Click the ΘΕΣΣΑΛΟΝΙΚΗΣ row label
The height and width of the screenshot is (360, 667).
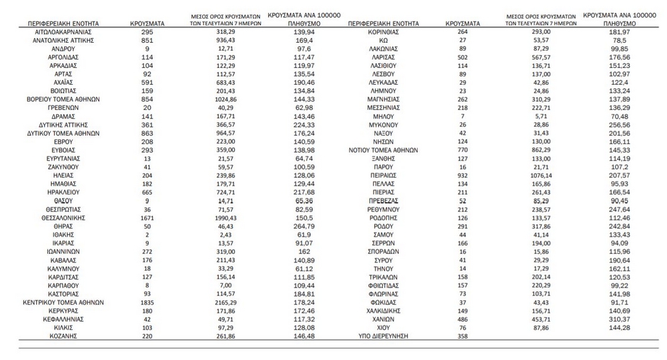pyautogui.click(x=65, y=217)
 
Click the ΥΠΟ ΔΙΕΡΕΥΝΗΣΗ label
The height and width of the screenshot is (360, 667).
pyautogui.click(x=383, y=336)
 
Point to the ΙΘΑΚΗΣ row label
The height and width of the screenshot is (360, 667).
pyautogui.click(x=65, y=235)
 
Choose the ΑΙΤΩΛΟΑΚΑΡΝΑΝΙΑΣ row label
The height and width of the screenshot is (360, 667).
pyautogui.click(x=65, y=31)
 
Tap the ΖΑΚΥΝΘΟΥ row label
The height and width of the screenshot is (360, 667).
pyautogui.click(x=65, y=167)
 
